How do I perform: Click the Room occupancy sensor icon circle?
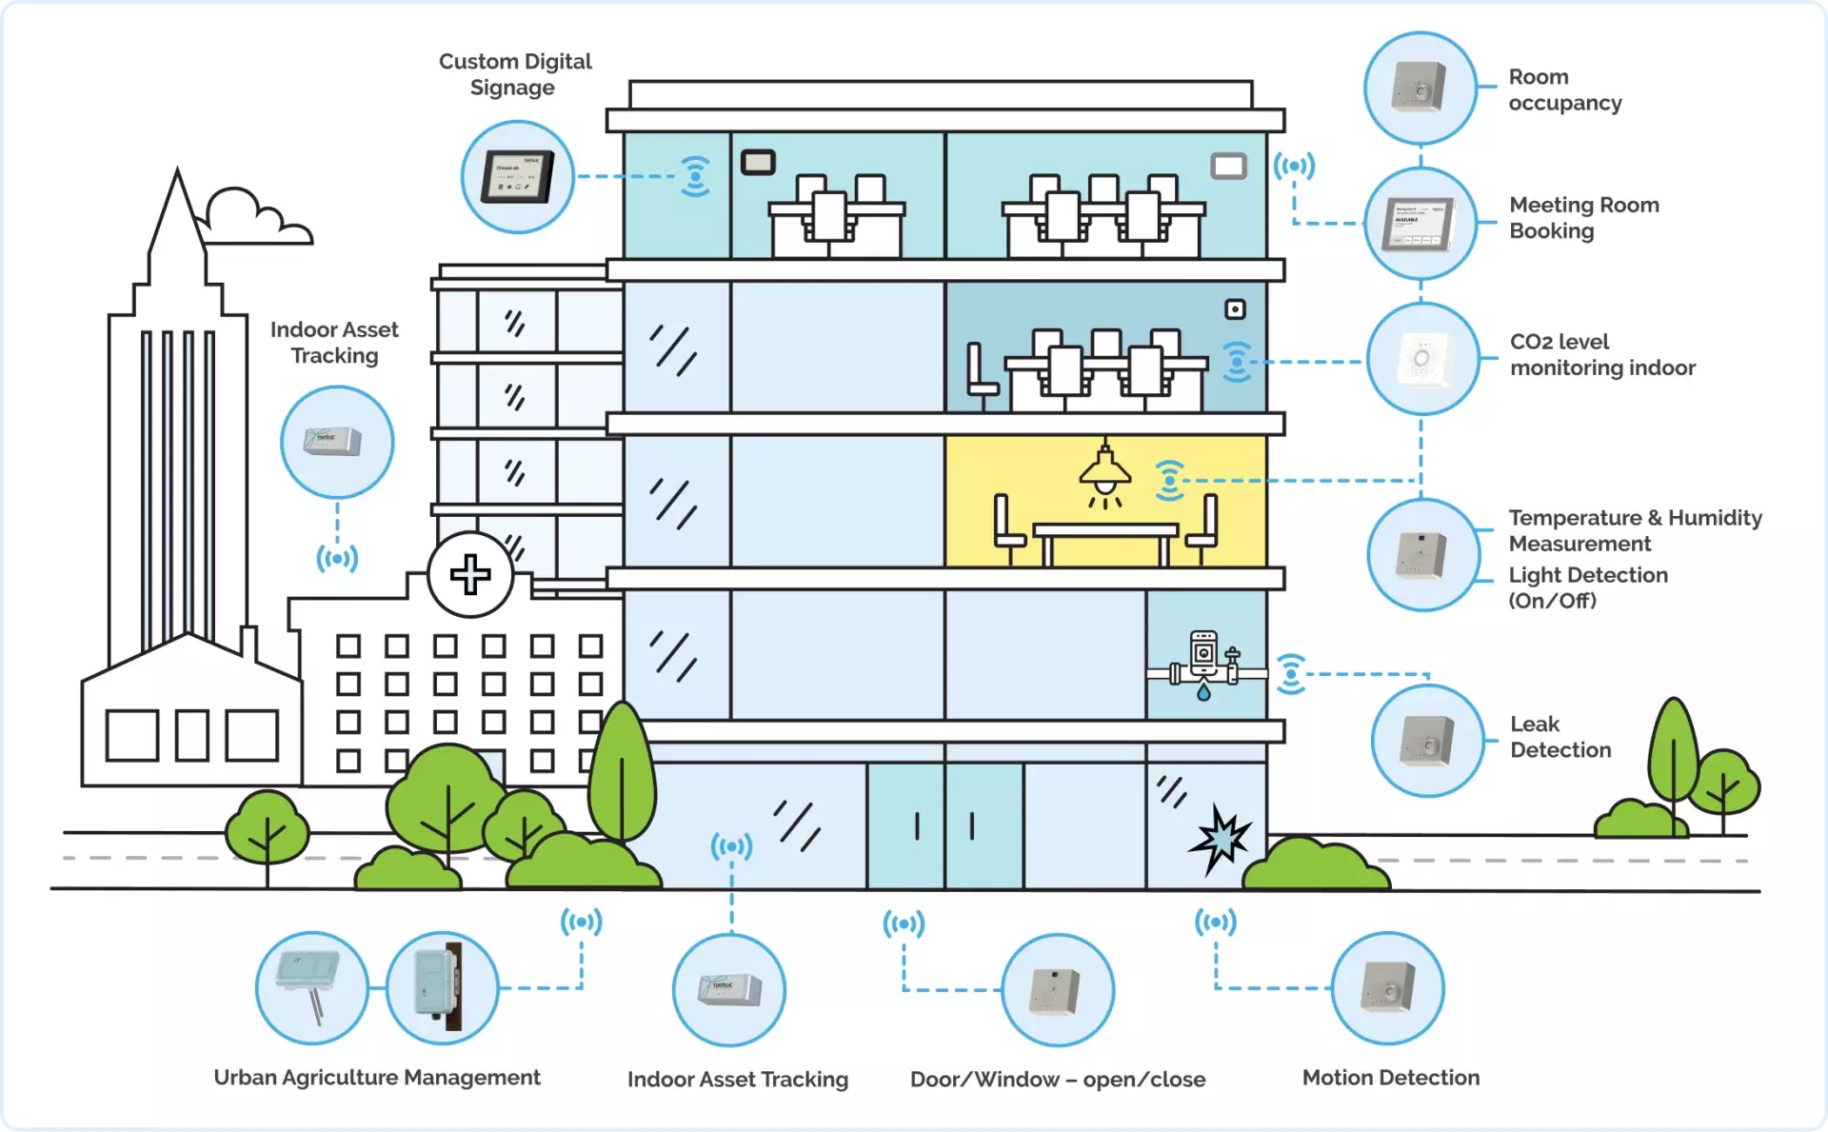pos(1420,88)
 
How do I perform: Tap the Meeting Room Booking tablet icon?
pos(1420,224)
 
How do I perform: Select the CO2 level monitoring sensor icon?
pos(1422,359)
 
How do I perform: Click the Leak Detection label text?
pos(1560,737)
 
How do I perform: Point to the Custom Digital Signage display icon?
pos(517,177)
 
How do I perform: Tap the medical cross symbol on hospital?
pos(470,575)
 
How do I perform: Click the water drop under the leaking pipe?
pos(1203,693)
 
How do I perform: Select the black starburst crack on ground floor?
pos(1220,839)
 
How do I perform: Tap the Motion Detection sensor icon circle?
pos(1387,988)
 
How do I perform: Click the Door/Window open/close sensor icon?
pos(1057,990)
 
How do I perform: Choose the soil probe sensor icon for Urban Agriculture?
pos(311,988)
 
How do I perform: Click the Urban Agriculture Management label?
pos(377,1078)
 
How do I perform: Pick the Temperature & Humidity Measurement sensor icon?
pos(1422,554)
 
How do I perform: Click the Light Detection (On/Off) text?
pos(1587,587)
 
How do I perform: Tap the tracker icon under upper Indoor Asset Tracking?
pos(336,442)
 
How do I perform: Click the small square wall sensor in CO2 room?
pos(1235,309)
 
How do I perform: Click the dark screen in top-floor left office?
pos(758,163)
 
